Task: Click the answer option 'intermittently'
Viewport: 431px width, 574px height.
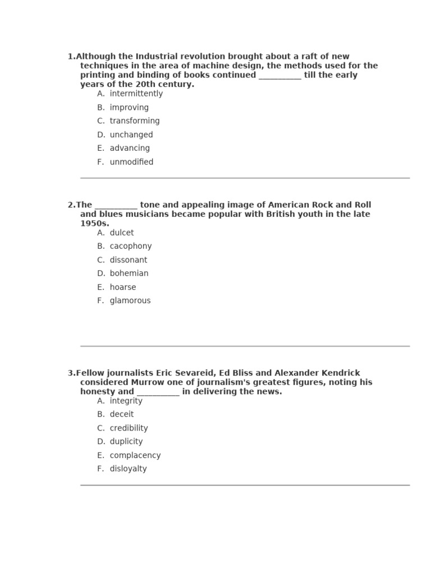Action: (x=136, y=94)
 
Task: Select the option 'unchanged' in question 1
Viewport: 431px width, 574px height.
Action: (x=131, y=135)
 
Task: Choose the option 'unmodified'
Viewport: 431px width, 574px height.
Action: (x=131, y=162)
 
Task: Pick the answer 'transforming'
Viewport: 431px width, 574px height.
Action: (x=134, y=121)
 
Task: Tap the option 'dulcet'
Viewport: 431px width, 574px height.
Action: (x=122, y=233)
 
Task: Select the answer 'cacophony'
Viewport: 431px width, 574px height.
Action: (x=130, y=246)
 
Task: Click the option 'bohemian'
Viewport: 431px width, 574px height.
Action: (x=129, y=274)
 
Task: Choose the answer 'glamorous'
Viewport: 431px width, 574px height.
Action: (x=130, y=300)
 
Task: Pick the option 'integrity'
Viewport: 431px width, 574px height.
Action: (x=126, y=401)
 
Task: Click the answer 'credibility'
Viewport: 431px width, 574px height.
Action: (x=129, y=428)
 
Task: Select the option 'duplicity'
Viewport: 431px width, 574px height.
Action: (x=126, y=442)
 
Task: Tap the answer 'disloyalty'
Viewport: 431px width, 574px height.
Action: (x=128, y=469)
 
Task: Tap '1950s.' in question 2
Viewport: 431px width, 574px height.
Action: (x=94, y=223)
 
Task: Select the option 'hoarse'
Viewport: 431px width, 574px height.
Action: (x=123, y=287)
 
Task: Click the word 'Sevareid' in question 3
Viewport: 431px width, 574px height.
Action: (x=197, y=373)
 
